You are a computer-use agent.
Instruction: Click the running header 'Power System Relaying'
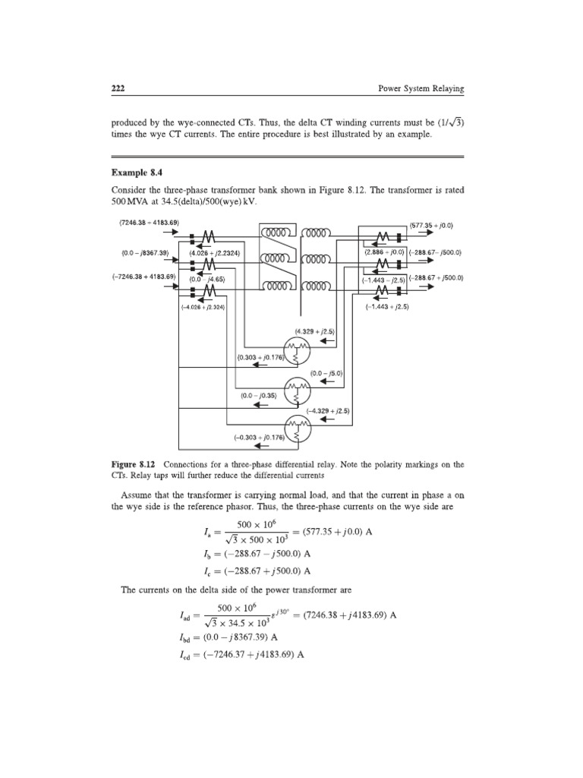[x=421, y=89]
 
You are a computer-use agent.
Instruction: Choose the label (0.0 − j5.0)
[x=328, y=373]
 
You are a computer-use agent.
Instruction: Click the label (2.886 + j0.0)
[x=384, y=251]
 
